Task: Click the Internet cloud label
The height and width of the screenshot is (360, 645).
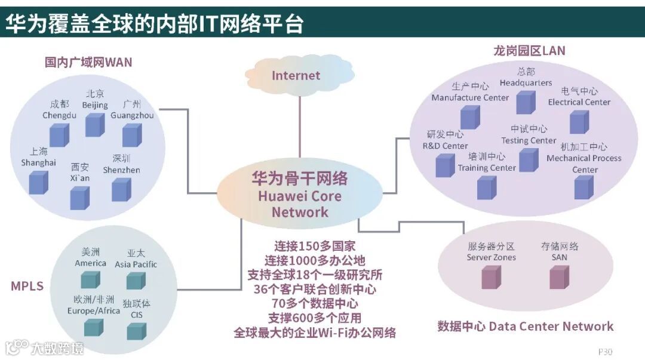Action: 296,75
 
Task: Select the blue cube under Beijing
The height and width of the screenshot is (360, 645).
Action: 95,124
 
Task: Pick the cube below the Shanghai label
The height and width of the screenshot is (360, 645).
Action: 38,182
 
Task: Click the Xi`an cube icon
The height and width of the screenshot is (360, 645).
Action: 79,197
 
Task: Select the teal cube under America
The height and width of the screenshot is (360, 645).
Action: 90,279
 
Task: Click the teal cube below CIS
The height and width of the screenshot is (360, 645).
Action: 137,330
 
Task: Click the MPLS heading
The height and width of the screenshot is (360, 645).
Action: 27,286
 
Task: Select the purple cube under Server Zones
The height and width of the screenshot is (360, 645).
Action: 490,277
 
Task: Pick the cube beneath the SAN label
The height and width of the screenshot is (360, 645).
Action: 558,277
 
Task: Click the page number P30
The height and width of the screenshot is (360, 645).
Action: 605,351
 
